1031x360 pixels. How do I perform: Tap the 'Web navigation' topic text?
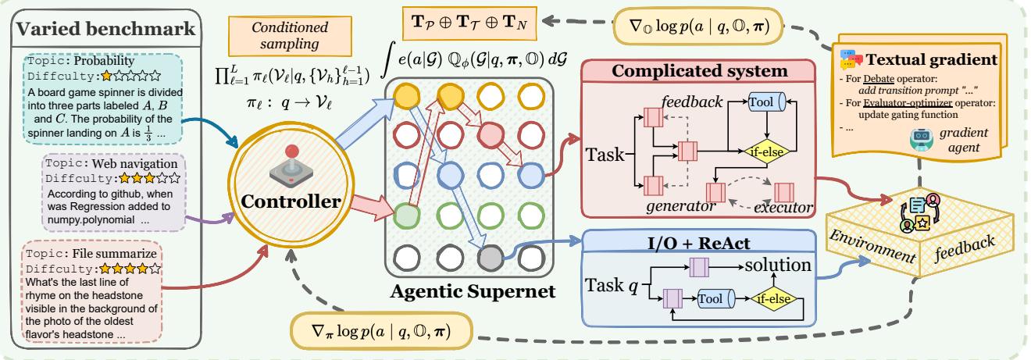pyautogui.click(x=108, y=165)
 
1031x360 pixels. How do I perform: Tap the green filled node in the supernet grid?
pyautogui.click(x=404, y=215)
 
